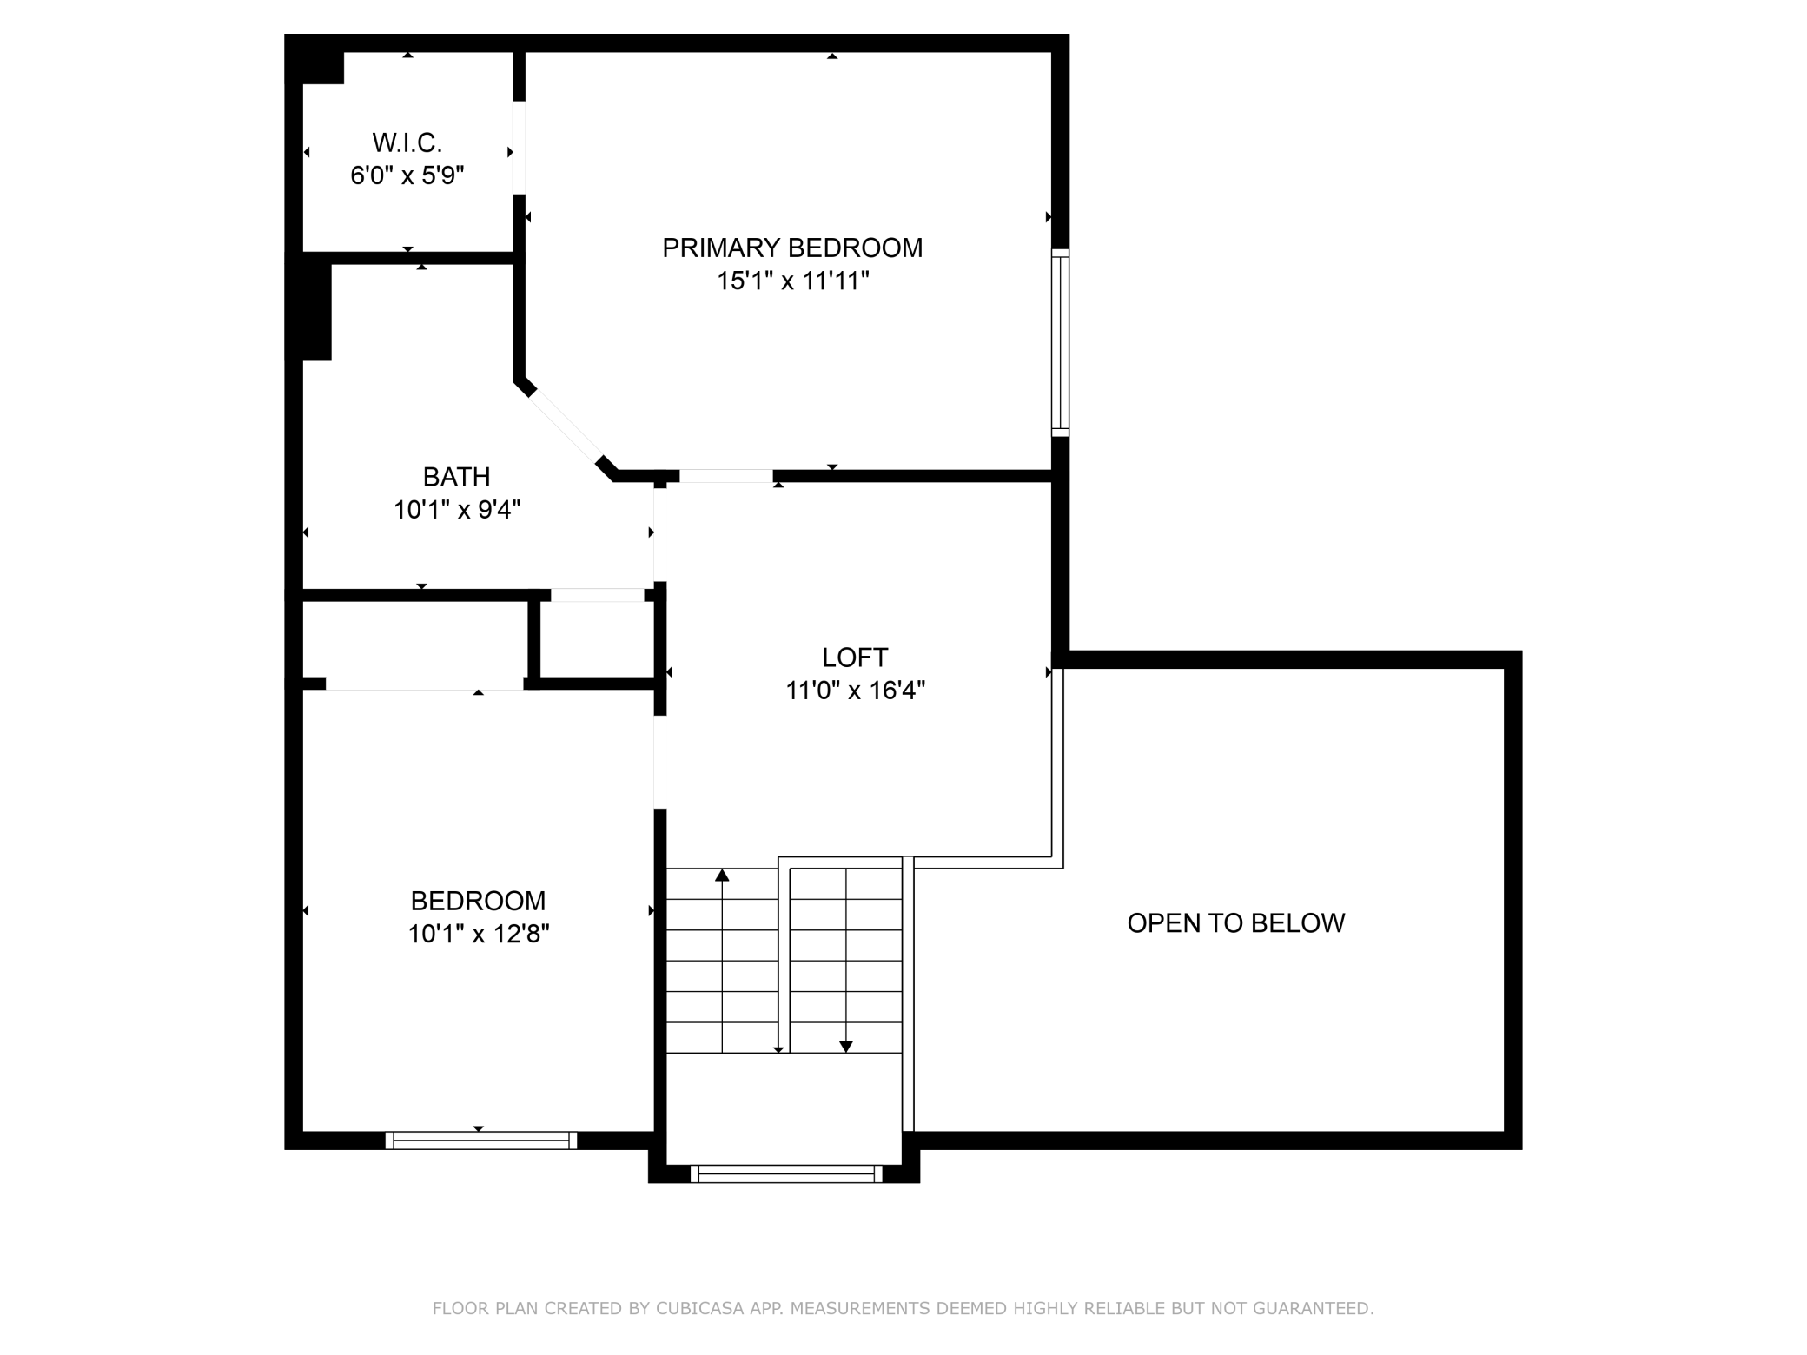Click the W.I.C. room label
pyautogui.click(x=407, y=142)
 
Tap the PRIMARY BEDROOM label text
pyautogui.click(x=792, y=248)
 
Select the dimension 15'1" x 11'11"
pyautogui.click(x=792, y=281)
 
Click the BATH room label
pyautogui.click(x=456, y=477)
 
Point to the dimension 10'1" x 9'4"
pyautogui.click(x=457, y=510)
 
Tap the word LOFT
pyautogui.click(x=855, y=658)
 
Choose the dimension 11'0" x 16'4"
pyautogui.click(x=855, y=691)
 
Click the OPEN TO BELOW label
pyautogui.click(x=1235, y=922)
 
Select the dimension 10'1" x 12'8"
pyautogui.click(x=479, y=935)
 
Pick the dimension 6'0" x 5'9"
pyautogui.click(x=407, y=176)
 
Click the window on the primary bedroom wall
pyautogui.click(x=1060, y=342)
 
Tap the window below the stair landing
pyautogui.click(x=786, y=1174)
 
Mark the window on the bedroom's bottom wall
pyautogui.click(x=481, y=1140)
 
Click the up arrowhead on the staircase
pyautogui.click(x=722, y=875)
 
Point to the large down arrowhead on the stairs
pyautogui.click(x=846, y=1047)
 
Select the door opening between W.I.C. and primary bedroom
pyautogui.click(x=519, y=148)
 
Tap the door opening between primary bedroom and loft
pyautogui.click(x=726, y=476)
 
